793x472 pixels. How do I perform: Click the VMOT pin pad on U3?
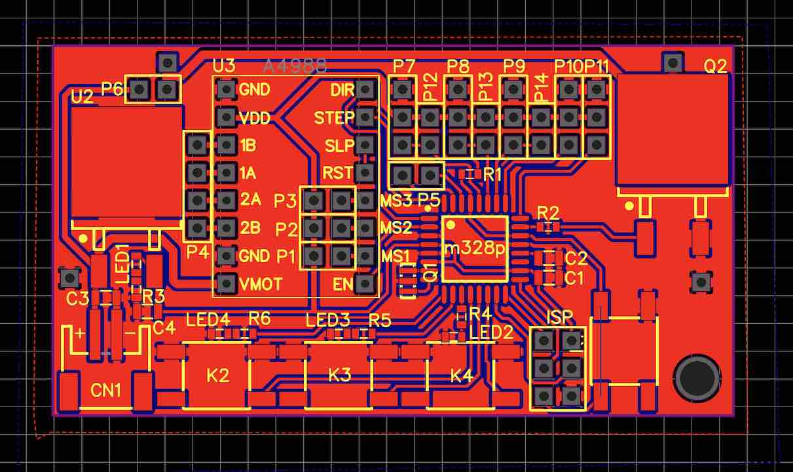(226, 284)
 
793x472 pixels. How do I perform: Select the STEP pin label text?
(334, 118)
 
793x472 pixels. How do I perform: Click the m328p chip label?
(475, 249)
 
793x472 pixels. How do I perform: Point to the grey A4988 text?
(295, 66)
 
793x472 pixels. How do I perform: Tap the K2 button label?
(217, 376)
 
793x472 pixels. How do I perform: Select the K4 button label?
(461, 376)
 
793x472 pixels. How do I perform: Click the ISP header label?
(560, 317)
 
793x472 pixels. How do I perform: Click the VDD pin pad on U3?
(226, 118)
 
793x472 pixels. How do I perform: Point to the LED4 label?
(208, 321)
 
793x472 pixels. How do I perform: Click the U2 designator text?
(82, 97)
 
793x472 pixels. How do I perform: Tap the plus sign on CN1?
(80, 333)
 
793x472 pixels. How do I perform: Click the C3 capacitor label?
(77, 299)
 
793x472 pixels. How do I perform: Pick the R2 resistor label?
(548, 212)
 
